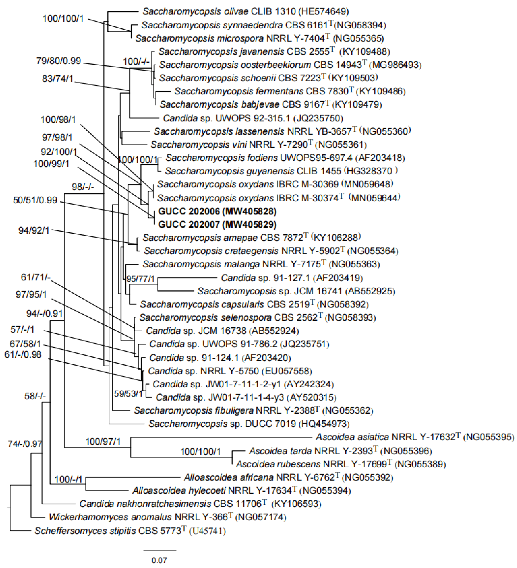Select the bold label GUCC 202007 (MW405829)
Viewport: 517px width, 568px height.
pos(217,224)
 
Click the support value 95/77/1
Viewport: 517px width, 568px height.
pos(140,279)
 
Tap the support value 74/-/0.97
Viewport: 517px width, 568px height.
pos(25,444)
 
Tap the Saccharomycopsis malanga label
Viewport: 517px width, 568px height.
pos(201,264)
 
